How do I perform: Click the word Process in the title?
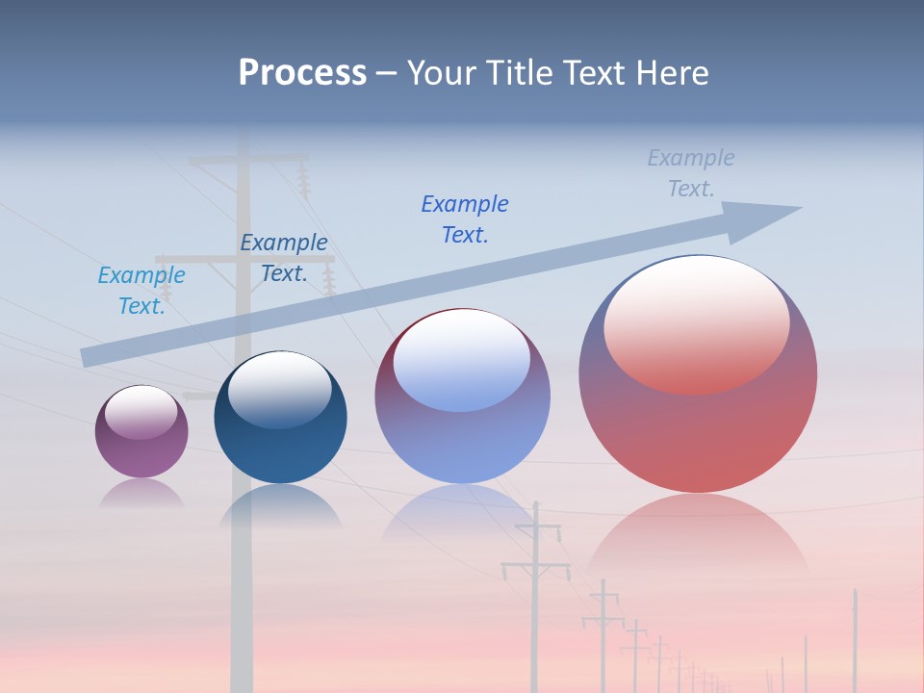(x=302, y=73)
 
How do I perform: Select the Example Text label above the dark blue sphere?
(x=283, y=258)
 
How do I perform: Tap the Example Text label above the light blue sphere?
(x=465, y=219)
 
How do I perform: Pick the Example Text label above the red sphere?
(x=691, y=173)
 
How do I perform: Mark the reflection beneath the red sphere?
(x=698, y=534)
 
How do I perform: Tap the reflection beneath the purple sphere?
(x=141, y=493)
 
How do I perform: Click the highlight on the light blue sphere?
(x=462, y=358)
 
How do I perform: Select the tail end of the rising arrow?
(x=89, y=357)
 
